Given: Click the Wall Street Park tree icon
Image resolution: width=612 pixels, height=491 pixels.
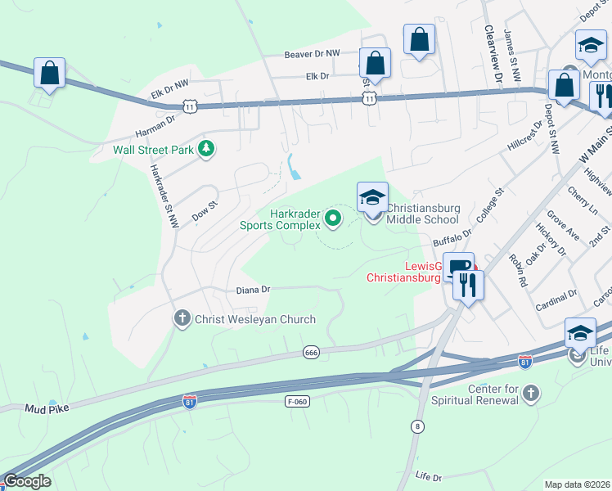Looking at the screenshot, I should [208, 149].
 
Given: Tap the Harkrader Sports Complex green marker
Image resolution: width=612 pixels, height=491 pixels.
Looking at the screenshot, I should [332, 218].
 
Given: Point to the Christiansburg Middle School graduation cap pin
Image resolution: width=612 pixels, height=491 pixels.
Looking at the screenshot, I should [372, 198].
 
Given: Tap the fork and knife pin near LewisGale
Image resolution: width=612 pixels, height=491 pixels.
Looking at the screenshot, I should [467, 285].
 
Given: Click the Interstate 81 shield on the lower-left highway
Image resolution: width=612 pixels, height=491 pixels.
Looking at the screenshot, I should [189, 403].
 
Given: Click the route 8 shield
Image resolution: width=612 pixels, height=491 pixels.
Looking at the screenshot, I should [418, 426].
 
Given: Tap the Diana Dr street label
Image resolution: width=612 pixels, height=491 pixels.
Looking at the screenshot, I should [253, 289].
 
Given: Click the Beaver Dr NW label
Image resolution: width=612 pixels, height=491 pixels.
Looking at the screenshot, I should [312, 54].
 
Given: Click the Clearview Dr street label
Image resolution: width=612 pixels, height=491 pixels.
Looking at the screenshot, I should [493, 54].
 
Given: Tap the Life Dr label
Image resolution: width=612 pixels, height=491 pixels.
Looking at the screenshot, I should [428, 475].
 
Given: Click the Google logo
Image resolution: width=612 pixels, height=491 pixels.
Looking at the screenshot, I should [27, 480].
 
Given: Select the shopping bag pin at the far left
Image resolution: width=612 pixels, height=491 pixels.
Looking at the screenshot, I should [50, 74].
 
